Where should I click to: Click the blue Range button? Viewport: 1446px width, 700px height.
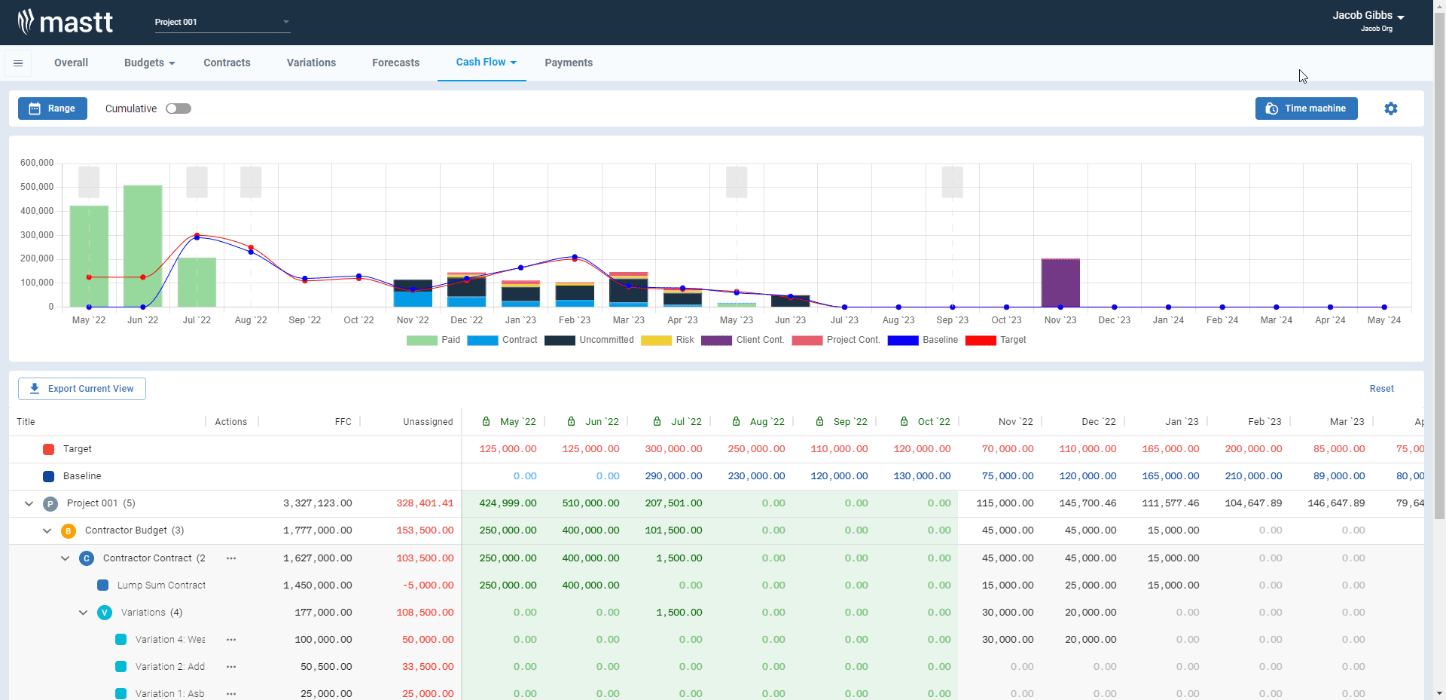click(x=53, y=109)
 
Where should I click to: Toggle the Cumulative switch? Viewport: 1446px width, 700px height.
click(x=178, y=109)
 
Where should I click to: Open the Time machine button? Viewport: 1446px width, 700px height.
click(x=1306, y=109)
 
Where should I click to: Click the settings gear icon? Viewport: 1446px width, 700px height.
click(x=1390, y=109)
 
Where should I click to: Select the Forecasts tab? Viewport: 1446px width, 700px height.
click(x=395, y=63)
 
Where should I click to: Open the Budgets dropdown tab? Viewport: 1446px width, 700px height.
click(x=149, y=63)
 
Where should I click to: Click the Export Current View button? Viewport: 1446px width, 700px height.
click(x=82, y=389)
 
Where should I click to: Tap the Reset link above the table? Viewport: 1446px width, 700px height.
click(x=1381, y=389)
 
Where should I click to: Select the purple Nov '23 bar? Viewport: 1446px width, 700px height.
click(x=1060, y=283)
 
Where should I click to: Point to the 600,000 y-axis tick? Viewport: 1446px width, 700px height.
click(x=37, y=163)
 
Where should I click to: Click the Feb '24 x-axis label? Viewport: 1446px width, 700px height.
click(x=1222, y=320)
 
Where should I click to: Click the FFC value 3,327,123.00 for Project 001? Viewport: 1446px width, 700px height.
click(x=317, y=503)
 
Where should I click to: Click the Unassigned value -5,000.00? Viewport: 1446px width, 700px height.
click(x=428, y=585)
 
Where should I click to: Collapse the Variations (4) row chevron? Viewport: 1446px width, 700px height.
click(x=84, y=613)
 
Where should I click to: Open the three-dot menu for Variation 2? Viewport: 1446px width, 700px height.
click(x=231, y=667)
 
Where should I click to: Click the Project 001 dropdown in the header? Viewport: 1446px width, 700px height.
click(x=222, y=22)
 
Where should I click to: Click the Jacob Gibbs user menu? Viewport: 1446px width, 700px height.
click(x=1368, y=16)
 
